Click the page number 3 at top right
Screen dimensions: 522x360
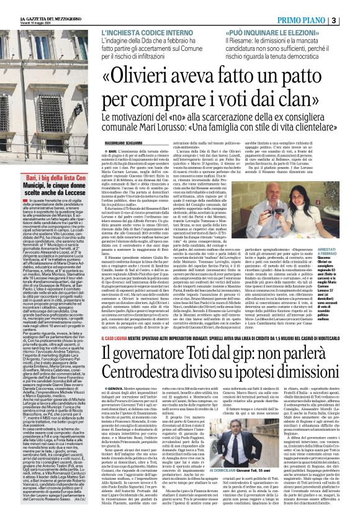click(351, 20)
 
